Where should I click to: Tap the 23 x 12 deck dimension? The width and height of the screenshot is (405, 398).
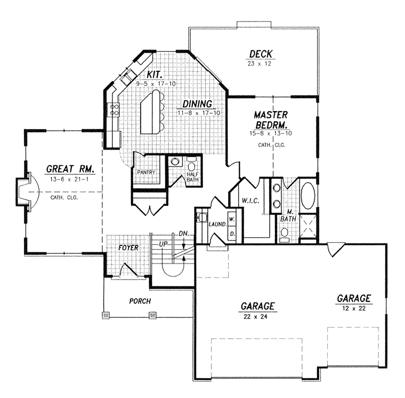tap(260, 63)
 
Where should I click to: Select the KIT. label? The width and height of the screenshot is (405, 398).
tap(155, 75)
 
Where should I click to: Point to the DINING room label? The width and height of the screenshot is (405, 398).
tap(197, 104)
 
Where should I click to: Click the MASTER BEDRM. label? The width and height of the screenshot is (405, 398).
tap(271, 120)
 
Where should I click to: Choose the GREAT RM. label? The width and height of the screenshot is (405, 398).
tap(70, 169)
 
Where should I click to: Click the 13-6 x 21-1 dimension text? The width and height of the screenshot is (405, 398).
tap(69, 179)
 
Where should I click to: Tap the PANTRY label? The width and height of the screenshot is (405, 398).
tap(146, 172)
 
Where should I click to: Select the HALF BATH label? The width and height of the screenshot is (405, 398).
tap(193, 177)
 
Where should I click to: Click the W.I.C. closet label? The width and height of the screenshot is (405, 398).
tap(250, 201)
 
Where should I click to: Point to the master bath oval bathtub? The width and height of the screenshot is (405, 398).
tap(308, 196)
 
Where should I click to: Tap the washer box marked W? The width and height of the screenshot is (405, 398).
tap(232, 219)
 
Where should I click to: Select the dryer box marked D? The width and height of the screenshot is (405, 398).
tap(232, 234)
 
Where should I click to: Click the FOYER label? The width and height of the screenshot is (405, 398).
tap(128, 248)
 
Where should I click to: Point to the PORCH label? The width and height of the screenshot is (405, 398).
tap(140, 301)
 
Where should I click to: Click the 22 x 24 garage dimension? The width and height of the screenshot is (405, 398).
tap(255, 316)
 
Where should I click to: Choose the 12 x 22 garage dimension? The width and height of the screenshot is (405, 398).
tap(354, 308)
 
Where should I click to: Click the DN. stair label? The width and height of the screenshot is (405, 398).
tap(184, 234)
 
